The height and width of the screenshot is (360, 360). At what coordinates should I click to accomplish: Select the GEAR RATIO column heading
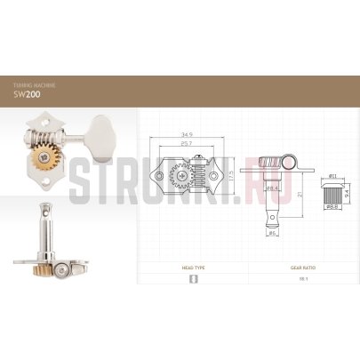302,267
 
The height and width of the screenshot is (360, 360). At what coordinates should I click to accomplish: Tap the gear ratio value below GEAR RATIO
302,278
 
